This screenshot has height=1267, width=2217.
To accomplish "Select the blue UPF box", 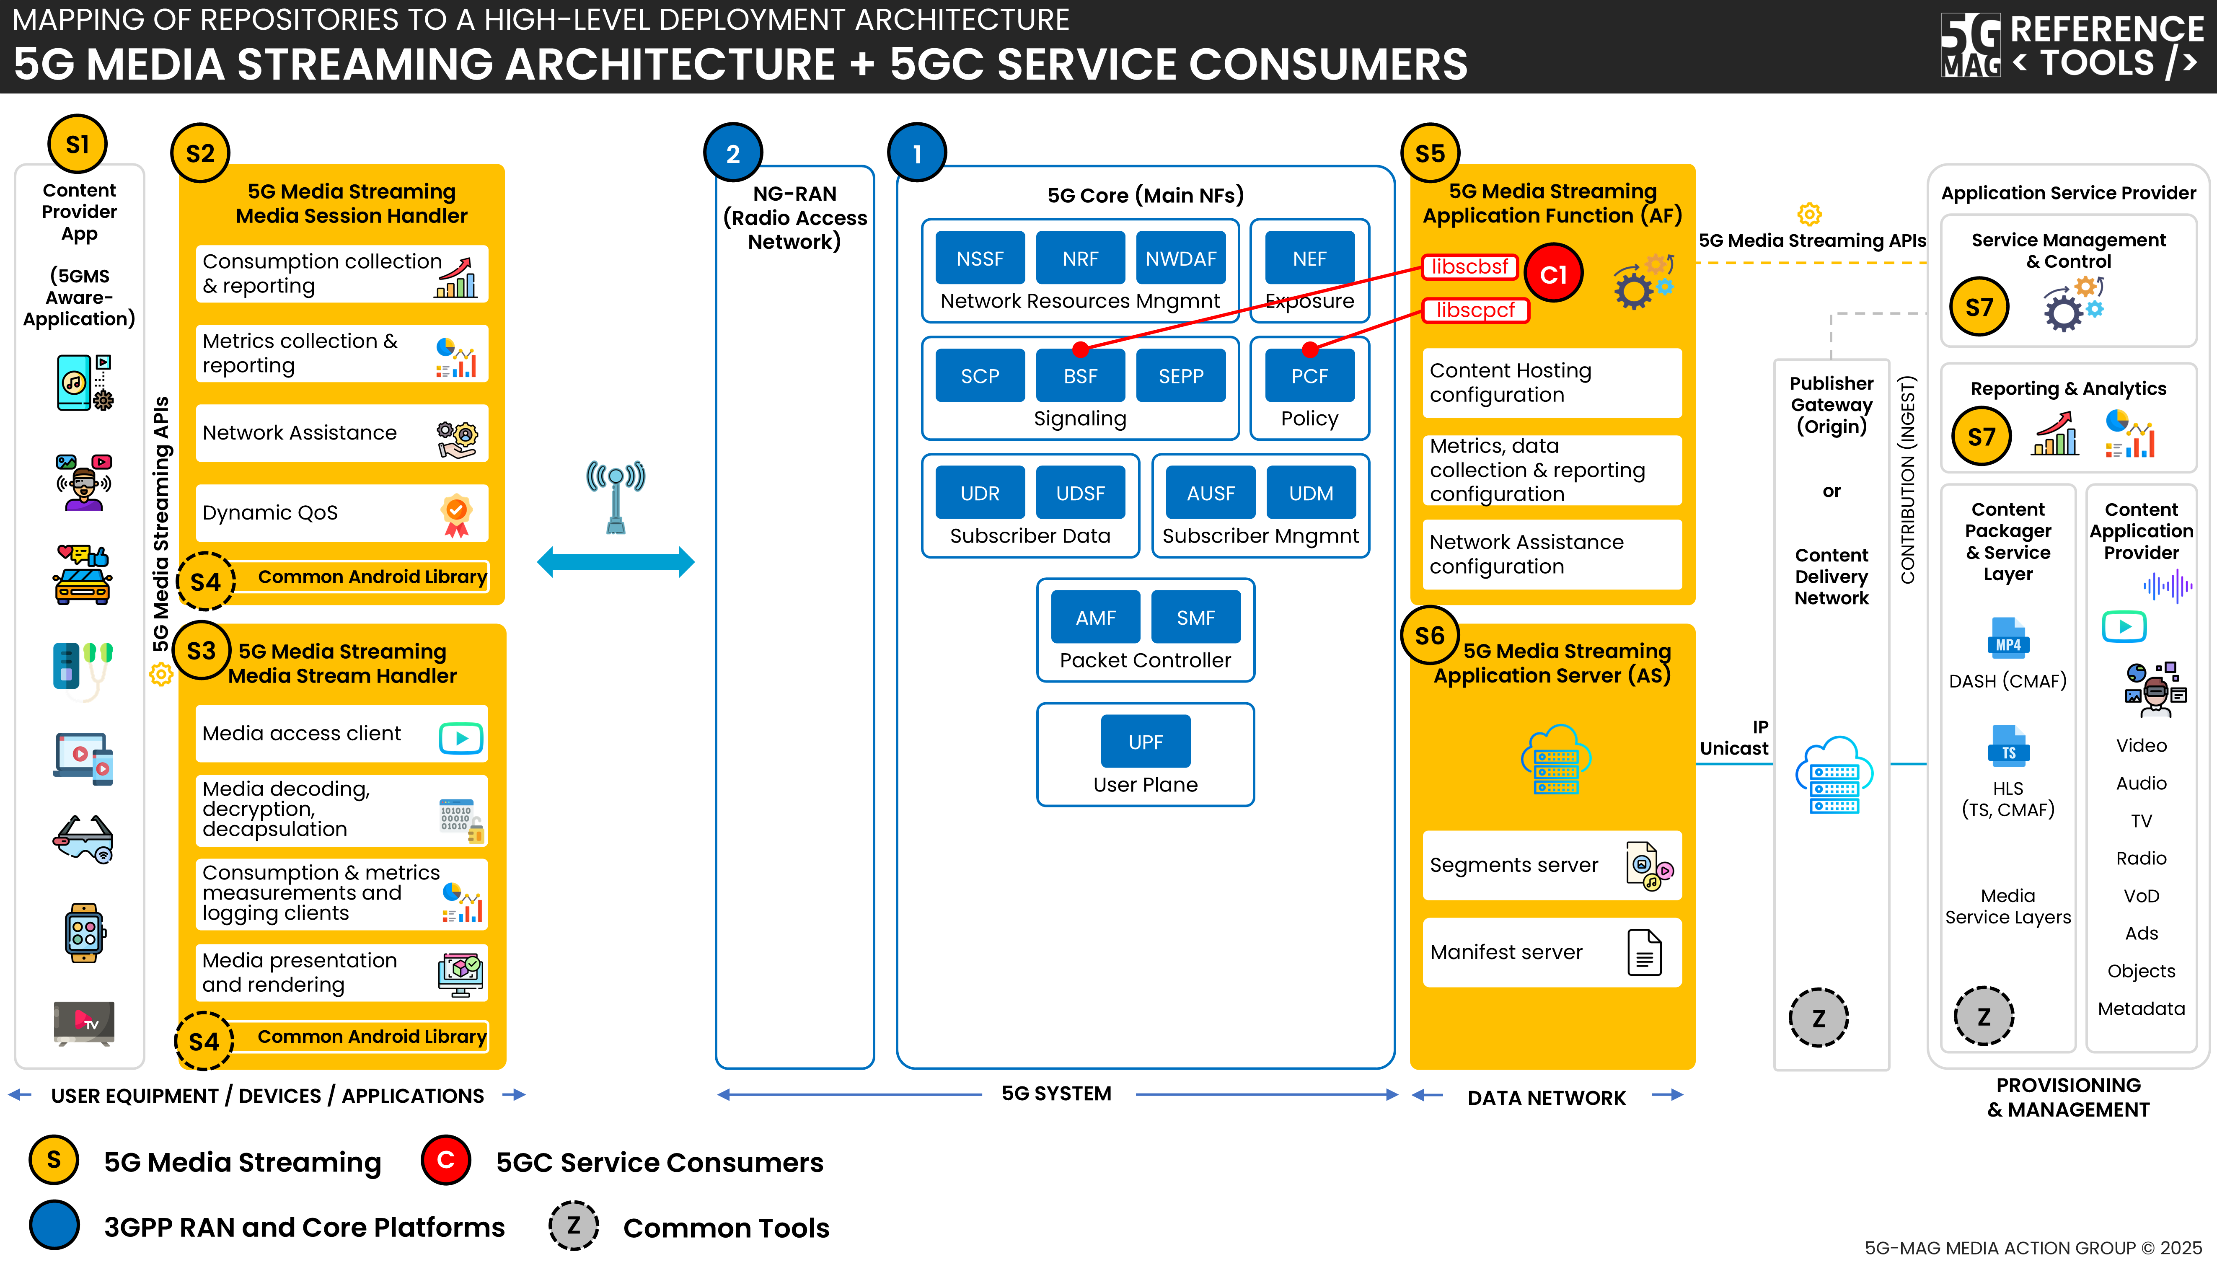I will (1145, 742).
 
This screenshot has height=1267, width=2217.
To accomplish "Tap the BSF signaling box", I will (1080, 376).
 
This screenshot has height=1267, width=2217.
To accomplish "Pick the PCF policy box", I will (1309, 376).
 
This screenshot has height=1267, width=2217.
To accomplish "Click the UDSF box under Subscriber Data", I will (1080, 494).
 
